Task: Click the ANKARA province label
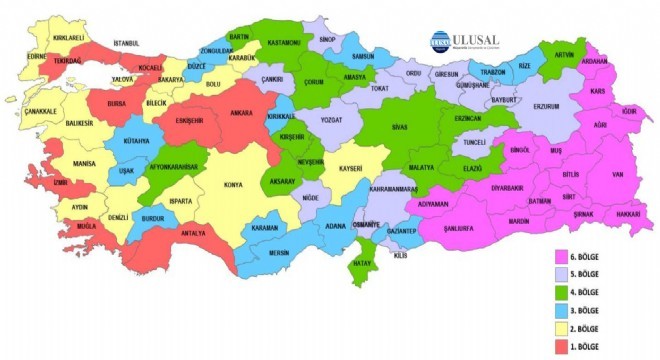[x=240, y=113]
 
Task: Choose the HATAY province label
[x=365, y=264]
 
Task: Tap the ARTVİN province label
[x=565, y=54]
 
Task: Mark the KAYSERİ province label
[x=348, y=168]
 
